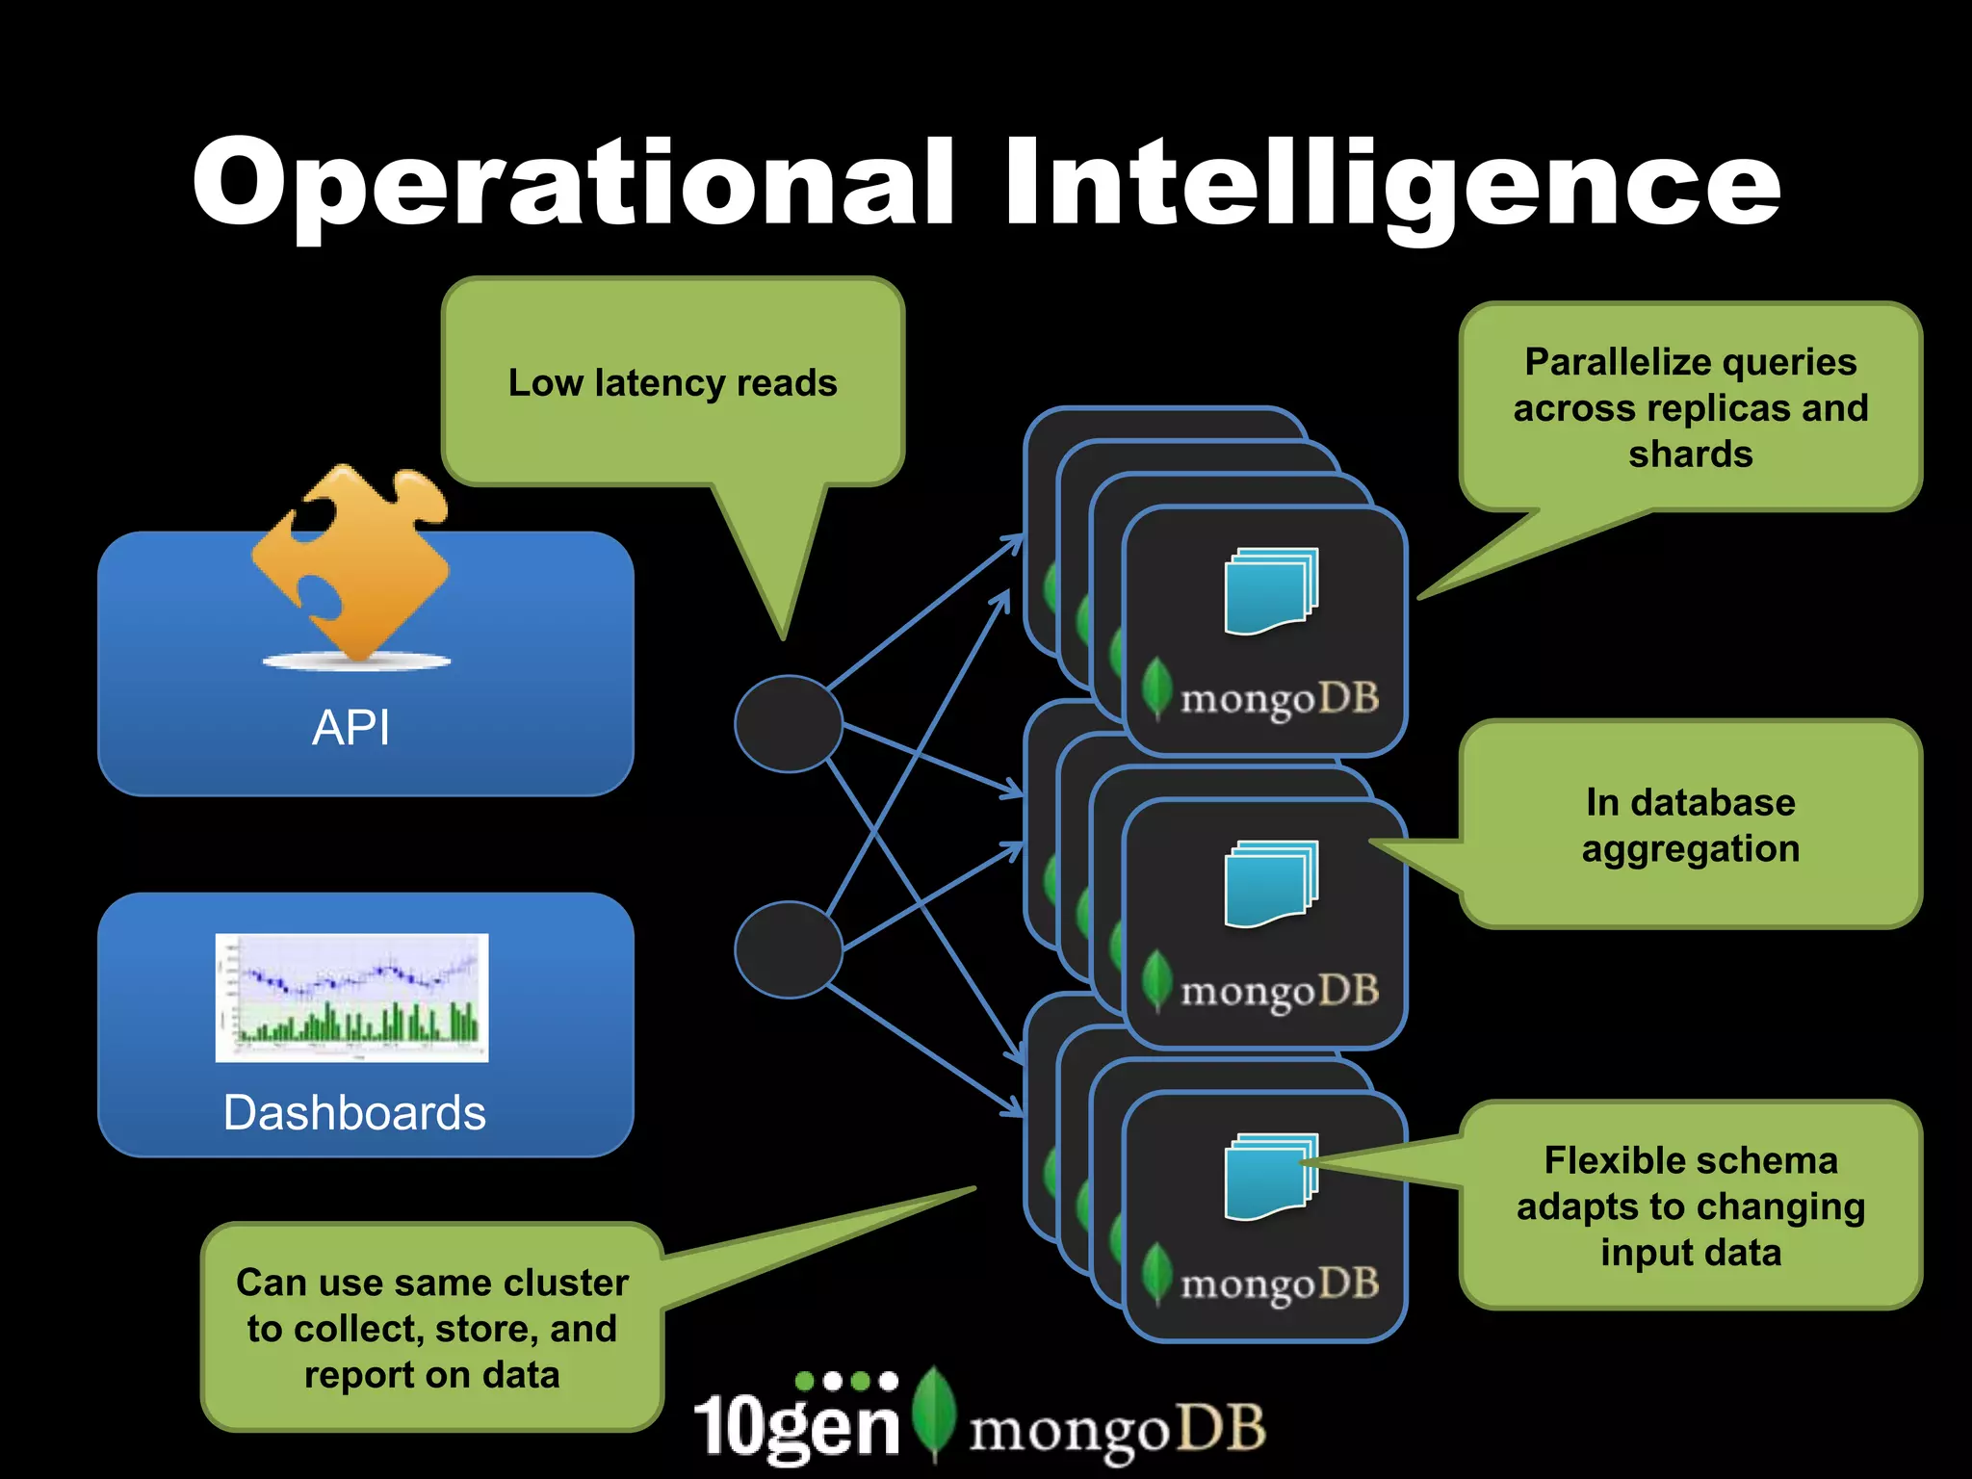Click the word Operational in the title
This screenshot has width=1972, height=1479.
point(574,183)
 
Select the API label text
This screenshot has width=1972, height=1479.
point(351,727)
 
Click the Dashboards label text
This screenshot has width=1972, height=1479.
point(354,1113)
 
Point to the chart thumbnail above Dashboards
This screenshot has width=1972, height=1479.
point(351,998)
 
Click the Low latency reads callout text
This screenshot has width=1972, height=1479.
point(672,382)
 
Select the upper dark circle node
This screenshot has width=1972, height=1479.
point(789,723)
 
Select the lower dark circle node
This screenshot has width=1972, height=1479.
point(789,949)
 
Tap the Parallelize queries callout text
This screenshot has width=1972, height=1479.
point(1690,407)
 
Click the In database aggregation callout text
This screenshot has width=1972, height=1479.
point(1690,825)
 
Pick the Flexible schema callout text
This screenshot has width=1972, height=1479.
point(1690,1206)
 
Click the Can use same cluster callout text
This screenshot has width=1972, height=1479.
point(432,1328)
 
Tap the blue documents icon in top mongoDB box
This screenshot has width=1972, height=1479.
point(1270,591)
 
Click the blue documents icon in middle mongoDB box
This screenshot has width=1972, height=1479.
point(1270,884)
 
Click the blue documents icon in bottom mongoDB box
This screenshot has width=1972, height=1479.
point(1270,1177)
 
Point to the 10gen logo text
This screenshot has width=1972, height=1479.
point(796,1423)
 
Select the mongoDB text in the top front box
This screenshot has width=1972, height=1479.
point(1279,698)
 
